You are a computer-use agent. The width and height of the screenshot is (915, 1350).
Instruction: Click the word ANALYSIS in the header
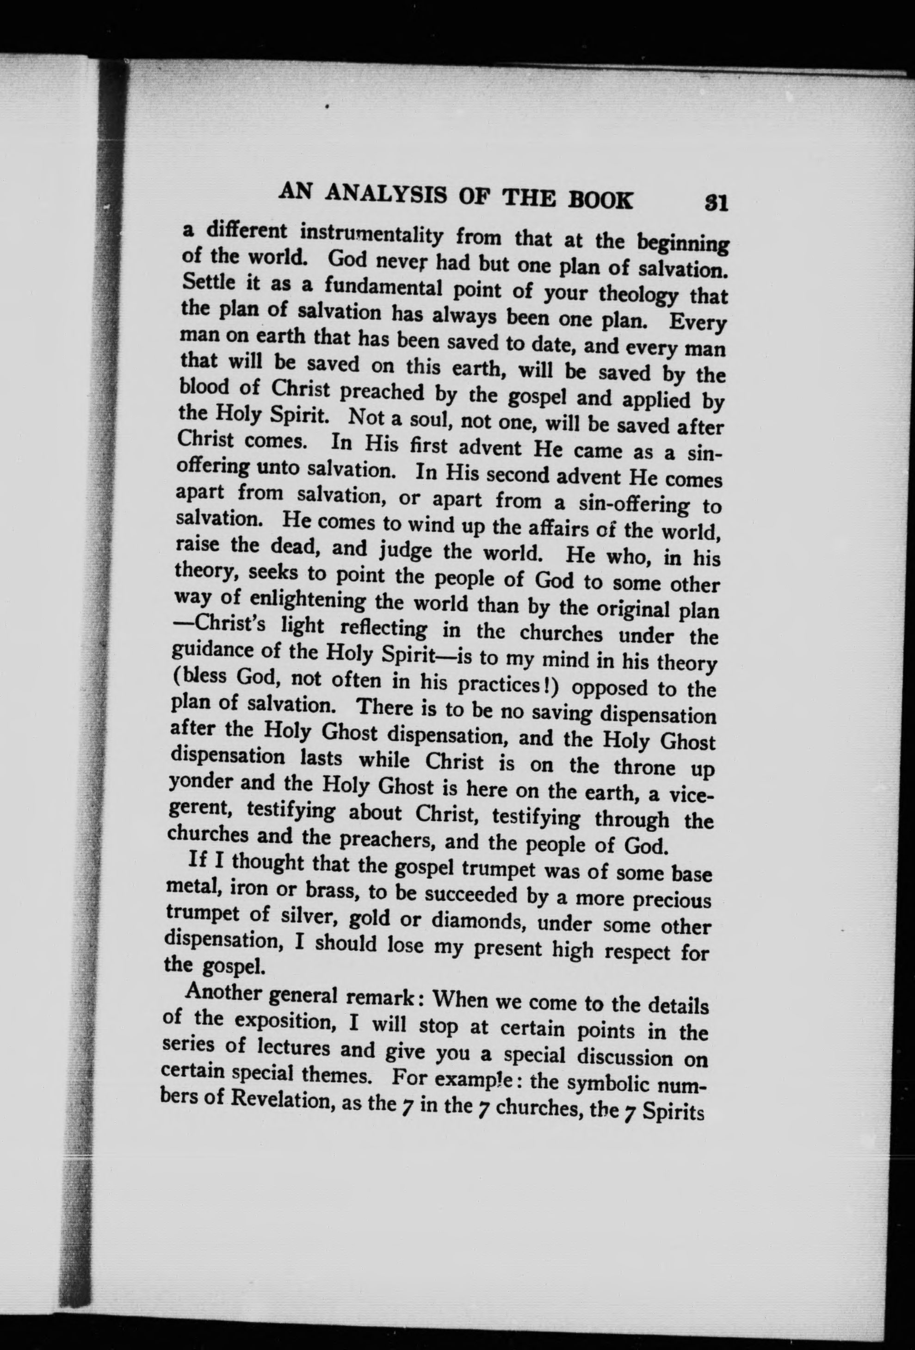386,195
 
